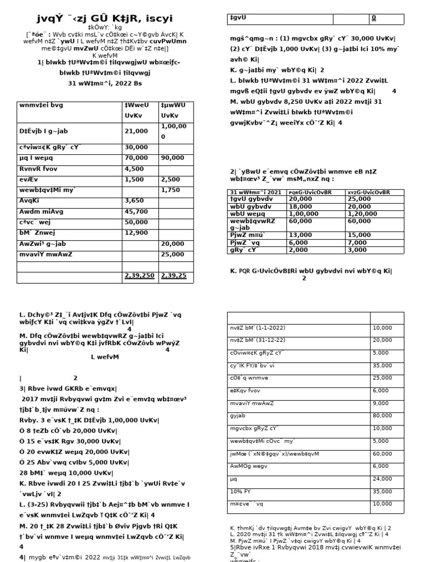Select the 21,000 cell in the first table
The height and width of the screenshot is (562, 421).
coord(136,132)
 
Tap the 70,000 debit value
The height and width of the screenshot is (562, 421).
coord(136,158)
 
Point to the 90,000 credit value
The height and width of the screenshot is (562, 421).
coord(172,158)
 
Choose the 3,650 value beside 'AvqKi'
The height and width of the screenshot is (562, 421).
coord(134,200)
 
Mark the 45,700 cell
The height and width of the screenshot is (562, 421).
coord(136,211)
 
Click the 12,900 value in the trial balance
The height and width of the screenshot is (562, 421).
coord(136,233)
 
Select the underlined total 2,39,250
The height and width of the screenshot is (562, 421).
coord(139,276)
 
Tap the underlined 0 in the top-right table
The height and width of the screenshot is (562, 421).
coord(374,18)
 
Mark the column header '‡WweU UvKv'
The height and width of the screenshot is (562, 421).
coord(136,110)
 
